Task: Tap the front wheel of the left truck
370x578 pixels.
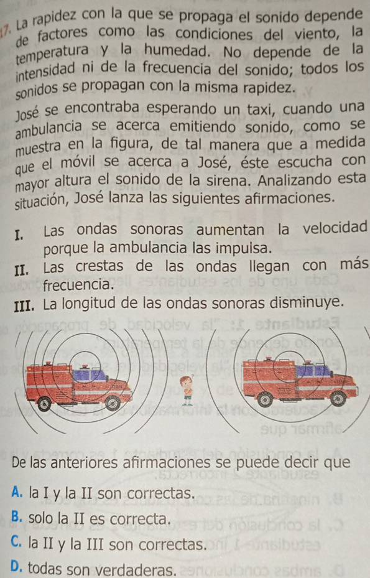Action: (x=113, y=403)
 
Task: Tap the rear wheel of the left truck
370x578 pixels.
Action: (x=45, y=404)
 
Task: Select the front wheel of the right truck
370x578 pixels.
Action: (x=338, y=398)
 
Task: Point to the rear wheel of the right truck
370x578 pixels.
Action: (x=265, y=399)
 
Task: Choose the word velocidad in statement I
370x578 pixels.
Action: (x=335, y=227)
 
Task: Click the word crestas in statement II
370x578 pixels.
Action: (x=99, y=266)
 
